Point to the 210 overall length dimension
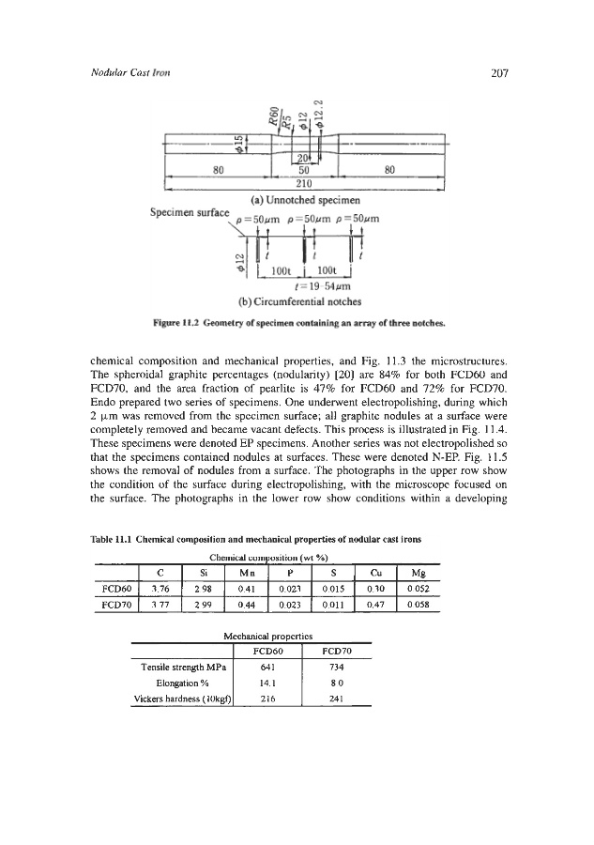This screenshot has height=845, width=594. click(303, 184)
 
